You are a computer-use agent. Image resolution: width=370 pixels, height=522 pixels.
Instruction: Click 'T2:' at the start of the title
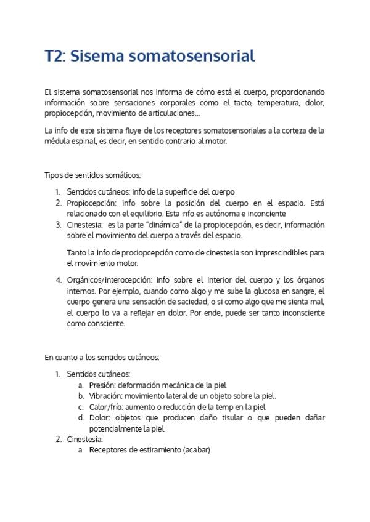pos(55,57)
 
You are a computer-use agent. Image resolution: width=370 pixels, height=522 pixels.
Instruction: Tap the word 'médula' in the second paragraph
pos(55,141)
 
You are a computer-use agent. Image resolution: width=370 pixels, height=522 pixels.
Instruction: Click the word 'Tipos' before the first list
pos(54,176)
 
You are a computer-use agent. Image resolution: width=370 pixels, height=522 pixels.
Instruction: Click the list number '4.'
pos(59,280)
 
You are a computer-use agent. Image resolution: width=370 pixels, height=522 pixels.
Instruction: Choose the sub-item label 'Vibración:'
pos(106,396)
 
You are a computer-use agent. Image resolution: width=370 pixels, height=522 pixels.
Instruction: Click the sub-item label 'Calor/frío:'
pos(107,407)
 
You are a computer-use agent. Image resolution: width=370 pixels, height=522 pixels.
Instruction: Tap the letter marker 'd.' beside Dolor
pos(81,418)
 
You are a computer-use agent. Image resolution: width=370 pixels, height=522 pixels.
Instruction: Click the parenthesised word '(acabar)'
pos(197,450)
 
